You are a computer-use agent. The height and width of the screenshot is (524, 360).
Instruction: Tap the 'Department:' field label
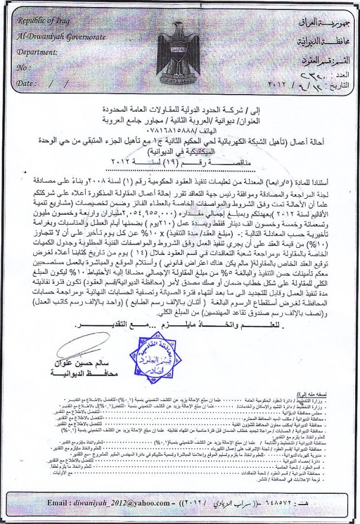click(x=41, y=52)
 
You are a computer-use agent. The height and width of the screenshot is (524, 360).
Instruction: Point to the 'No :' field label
click(x=24, y=68)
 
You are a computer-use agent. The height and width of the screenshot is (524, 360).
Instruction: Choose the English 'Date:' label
click(x=27, y=84)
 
